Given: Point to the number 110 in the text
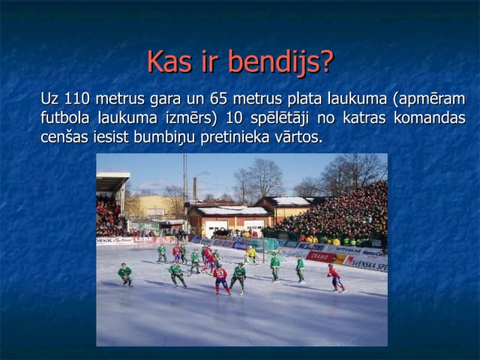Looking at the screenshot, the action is [x=77, y=98].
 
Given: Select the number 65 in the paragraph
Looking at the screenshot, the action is [x=218, y=98].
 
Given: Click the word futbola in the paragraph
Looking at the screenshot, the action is [x=65, y=118].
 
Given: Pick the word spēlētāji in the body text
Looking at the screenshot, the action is [x=280, y=118].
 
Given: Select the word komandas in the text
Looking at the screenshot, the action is [x=430, y=118].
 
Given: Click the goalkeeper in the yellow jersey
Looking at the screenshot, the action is [x=251, y=255].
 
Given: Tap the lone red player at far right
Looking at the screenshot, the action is [x=335, y=278].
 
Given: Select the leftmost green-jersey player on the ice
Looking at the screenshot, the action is [x=125, y=274].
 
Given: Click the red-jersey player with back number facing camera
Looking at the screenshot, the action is [x=221, y=278].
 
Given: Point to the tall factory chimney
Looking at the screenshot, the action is [x=195, y=189].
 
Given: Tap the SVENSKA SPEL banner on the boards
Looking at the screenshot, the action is [x=366, y=263].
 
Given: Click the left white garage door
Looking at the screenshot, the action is [x=216, y=229].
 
